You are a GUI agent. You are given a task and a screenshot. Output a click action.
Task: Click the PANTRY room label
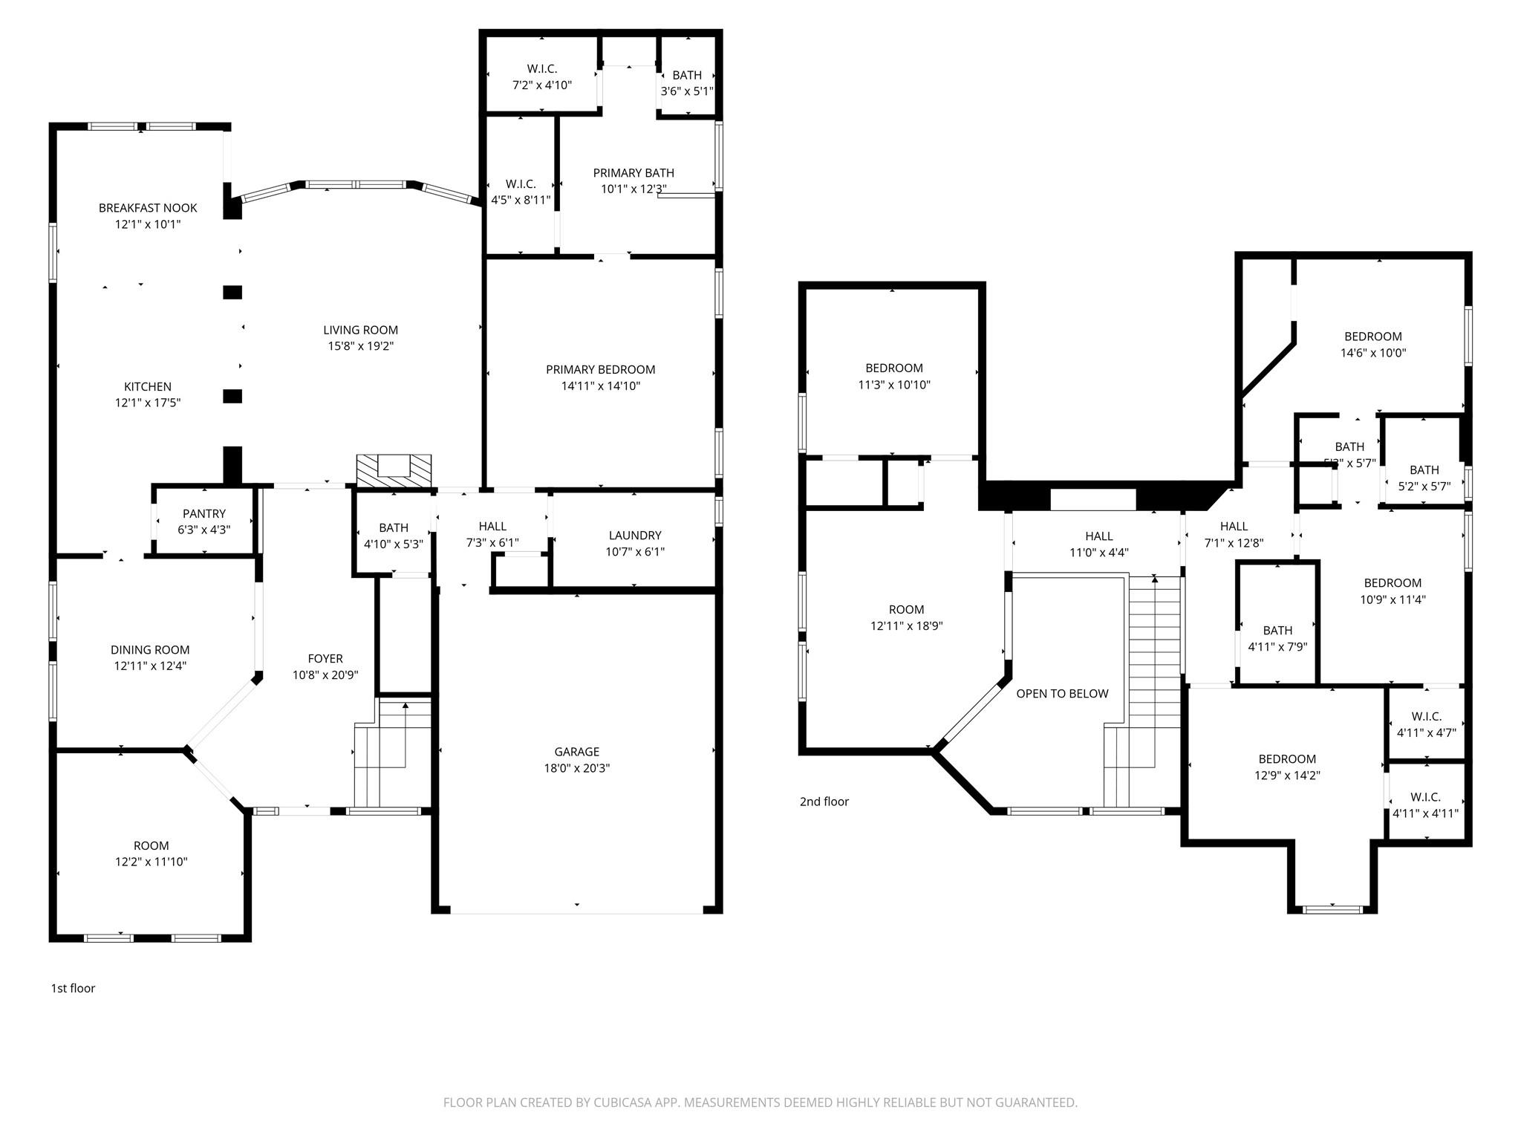tap(204, 514)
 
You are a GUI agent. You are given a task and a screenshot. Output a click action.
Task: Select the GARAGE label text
tap(576, 752)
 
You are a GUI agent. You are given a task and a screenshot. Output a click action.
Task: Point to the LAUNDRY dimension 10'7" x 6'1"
tap(634, 551)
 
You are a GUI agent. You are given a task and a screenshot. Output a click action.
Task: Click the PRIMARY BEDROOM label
tap(600, 370)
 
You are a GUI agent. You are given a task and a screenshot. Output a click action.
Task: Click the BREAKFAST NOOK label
tap(148, 208)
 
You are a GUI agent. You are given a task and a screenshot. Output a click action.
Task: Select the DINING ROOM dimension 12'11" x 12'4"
tap(150, 666)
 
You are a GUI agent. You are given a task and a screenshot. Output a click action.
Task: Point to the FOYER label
tap(325, 659)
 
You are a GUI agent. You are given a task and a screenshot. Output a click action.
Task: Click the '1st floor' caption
tap(73, 988)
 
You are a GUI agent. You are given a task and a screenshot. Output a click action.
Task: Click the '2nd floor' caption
tap(824, 802)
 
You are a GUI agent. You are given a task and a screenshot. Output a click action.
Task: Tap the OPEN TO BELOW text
tap(1062, 694)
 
